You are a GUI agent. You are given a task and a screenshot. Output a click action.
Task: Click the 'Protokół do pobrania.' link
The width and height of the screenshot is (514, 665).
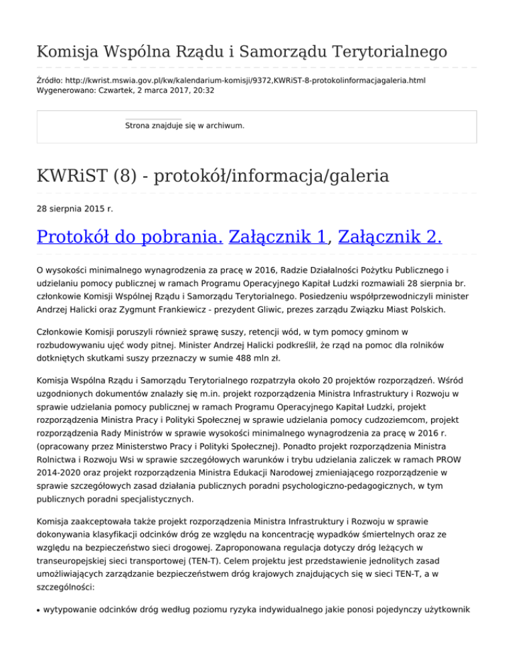(x=129, y=237)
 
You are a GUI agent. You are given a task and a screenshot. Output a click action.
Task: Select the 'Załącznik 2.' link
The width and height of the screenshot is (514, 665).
(x=390, y=237)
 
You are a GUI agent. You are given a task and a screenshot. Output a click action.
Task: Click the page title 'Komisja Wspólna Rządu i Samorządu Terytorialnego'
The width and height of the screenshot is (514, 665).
(x=242, y=51)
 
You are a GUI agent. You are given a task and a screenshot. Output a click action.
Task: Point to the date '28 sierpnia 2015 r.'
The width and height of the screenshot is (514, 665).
(x=75, y=209)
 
